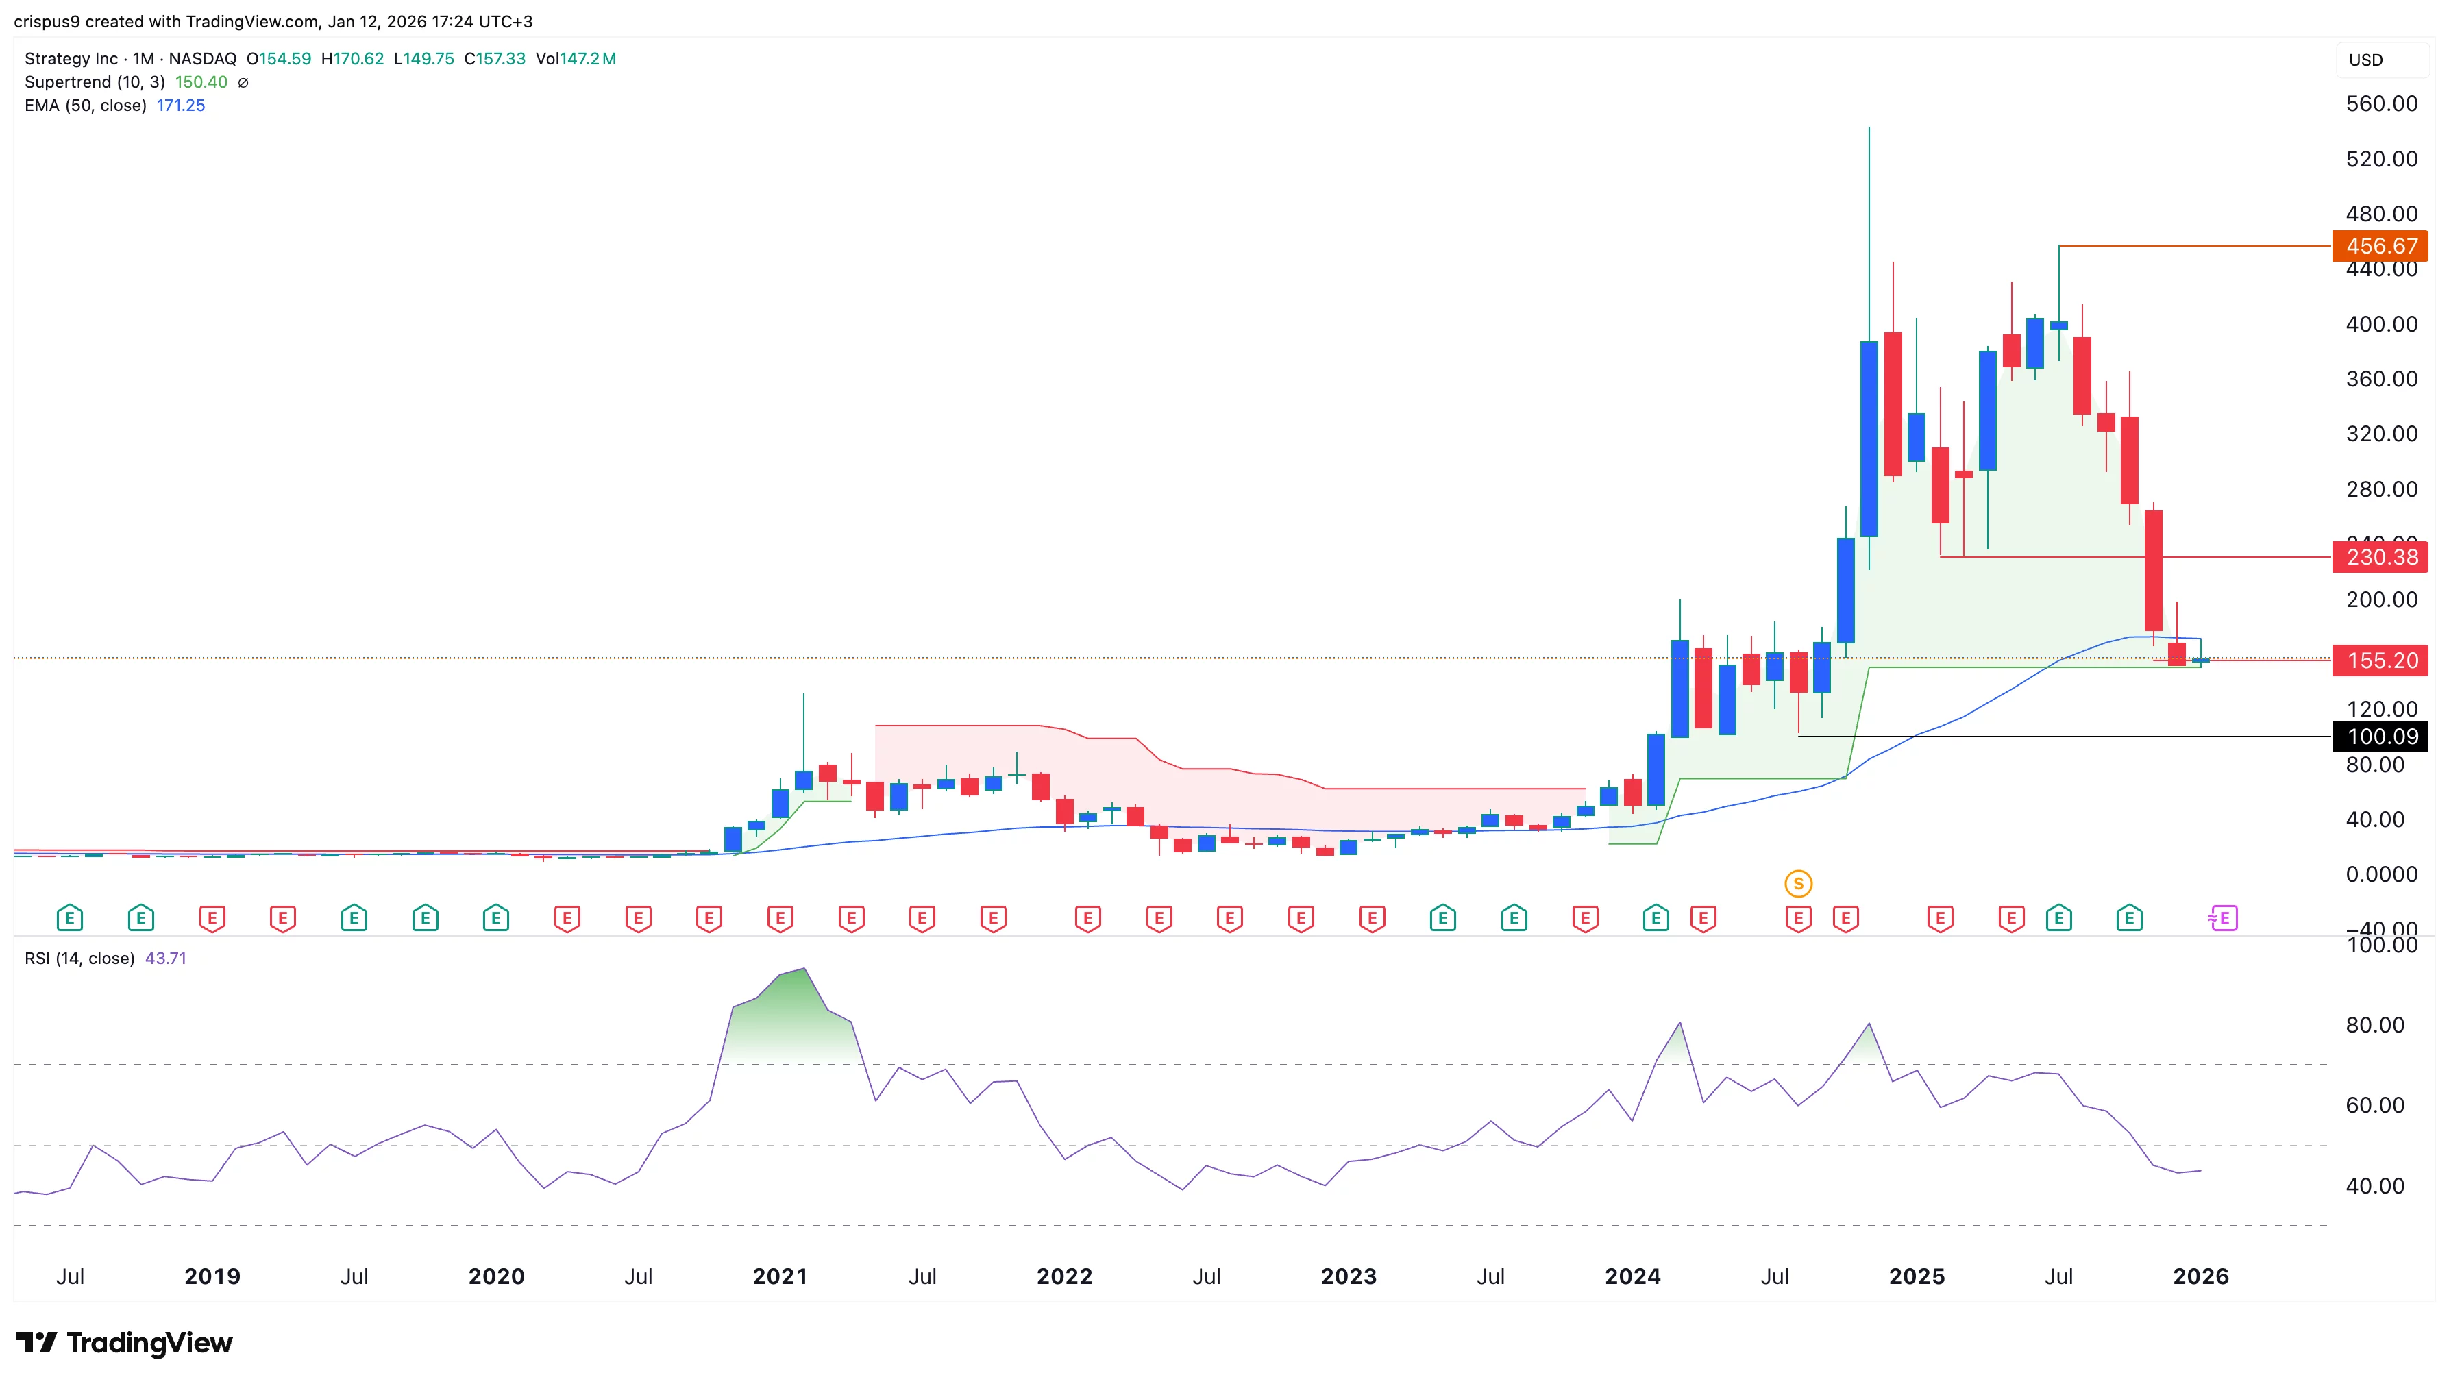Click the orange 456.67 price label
coord(2380,246)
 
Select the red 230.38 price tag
coord(2380,557)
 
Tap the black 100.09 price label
coord(2380,737)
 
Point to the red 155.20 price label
coord(2380,660)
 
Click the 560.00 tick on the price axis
coord(2380,103)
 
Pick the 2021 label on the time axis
coord(780,1276)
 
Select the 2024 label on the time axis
coord(1632,1276)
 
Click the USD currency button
coord(2365,60)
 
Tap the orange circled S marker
coord(1798,884)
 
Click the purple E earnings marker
coord(2223,918)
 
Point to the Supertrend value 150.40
coord(201,82)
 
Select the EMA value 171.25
coord(181,106)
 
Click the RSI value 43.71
coord(165,958)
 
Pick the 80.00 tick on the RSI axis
coord(2374,1025)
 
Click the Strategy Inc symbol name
coord(71,59)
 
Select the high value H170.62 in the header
coord(353,59)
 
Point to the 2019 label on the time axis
coord(212,1276)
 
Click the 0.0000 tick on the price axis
coord(2380,874)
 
